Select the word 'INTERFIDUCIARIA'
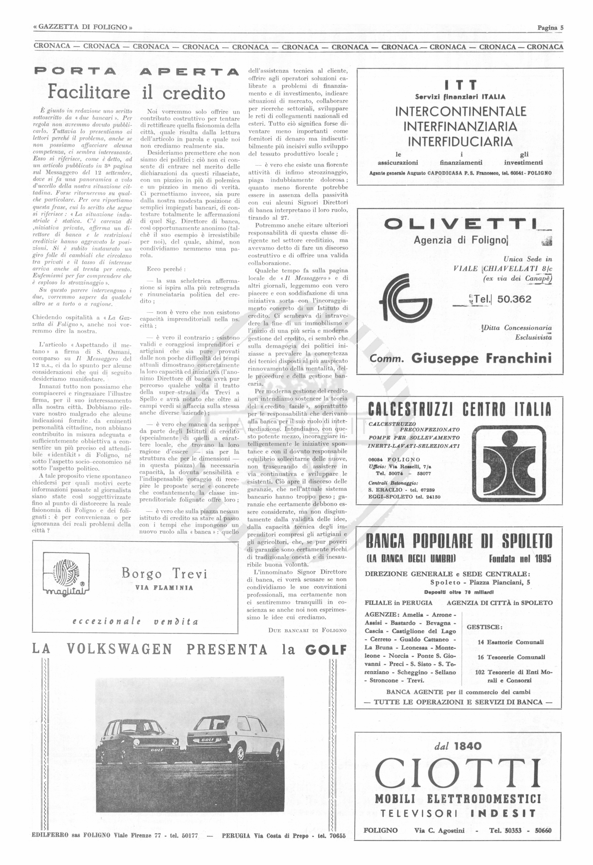click(460, 142)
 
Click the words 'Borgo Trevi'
click(164, 574)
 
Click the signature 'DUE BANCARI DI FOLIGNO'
click(307, 630)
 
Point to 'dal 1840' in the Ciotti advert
click(458, 746)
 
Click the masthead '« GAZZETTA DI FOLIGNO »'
click(83, 28)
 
